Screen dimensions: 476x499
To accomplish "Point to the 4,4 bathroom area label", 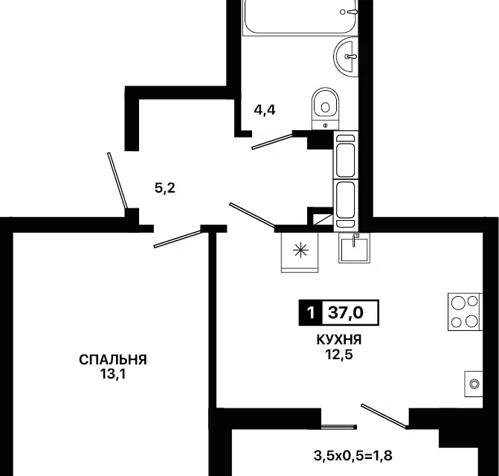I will click(265, 110).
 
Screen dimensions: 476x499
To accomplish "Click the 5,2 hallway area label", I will click(164, 188).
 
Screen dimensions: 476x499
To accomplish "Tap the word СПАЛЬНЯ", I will click(113, 360).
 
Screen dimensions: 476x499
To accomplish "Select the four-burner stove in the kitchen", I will click(465, 312).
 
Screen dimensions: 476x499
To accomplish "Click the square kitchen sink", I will click(356, 248).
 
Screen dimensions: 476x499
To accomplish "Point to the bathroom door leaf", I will click(272, 141).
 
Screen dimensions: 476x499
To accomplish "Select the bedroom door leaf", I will click(178, 236).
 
